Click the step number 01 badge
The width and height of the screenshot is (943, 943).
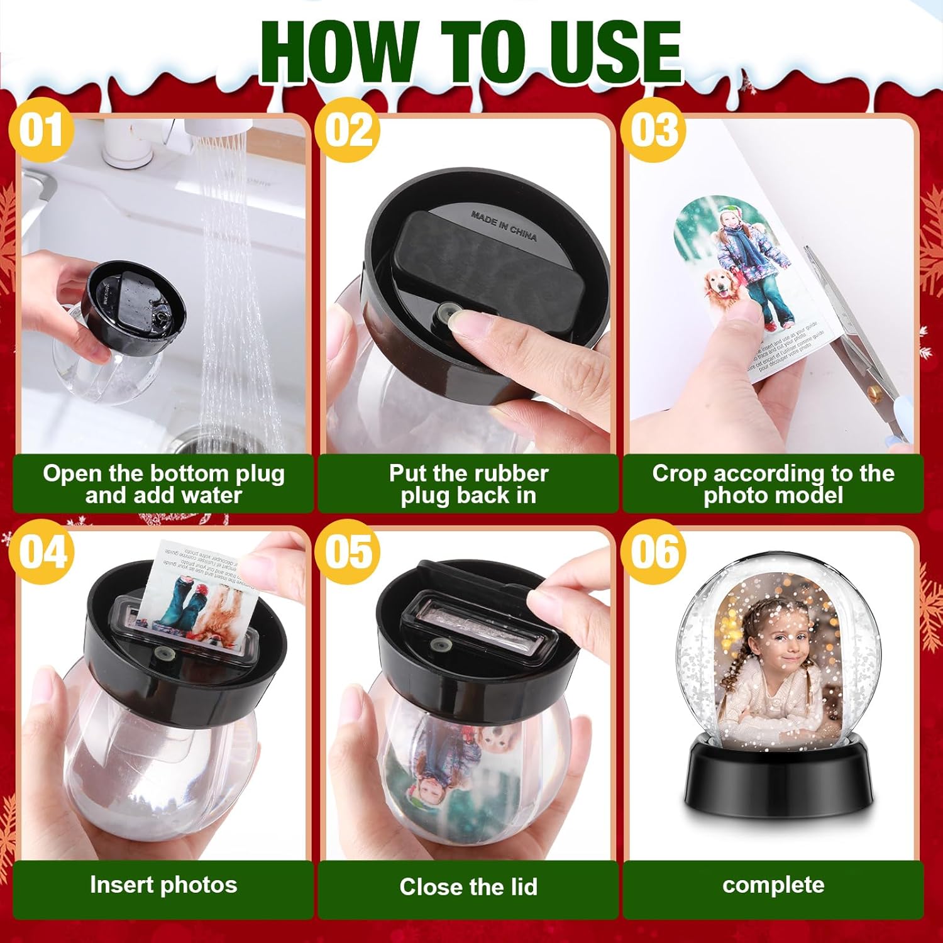click(41, 131)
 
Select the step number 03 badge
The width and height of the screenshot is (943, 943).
click(653, 131)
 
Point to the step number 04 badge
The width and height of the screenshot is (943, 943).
click(42, 553)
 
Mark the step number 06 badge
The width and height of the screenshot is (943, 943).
click(653, 553)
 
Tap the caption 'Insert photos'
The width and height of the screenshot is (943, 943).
click(163, 885)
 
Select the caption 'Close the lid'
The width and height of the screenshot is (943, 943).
click(468, 886)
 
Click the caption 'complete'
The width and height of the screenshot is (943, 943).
click(773, 885)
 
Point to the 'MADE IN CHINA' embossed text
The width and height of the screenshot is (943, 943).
click(504, 226)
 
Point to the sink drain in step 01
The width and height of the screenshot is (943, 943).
click(207, 440)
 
